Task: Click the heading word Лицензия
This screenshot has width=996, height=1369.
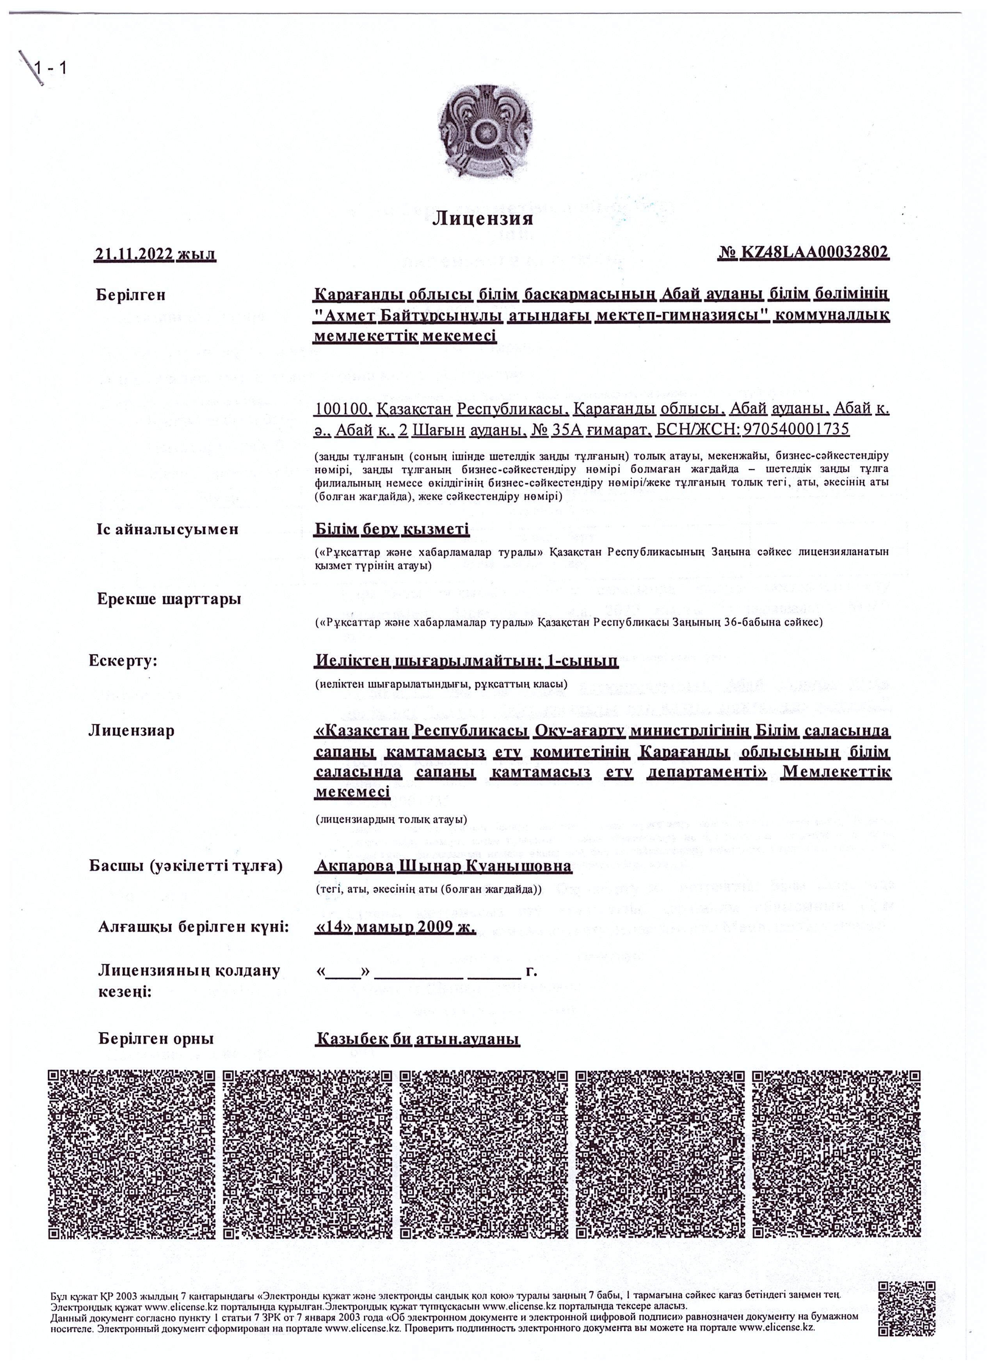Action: (483, 218)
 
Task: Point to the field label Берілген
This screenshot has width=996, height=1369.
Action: (130, 295)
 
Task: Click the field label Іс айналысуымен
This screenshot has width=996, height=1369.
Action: (167, 529)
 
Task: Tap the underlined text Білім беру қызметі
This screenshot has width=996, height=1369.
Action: (391, 529)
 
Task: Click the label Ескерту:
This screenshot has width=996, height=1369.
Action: (123, 660)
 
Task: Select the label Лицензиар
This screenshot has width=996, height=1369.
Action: (131, 731)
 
